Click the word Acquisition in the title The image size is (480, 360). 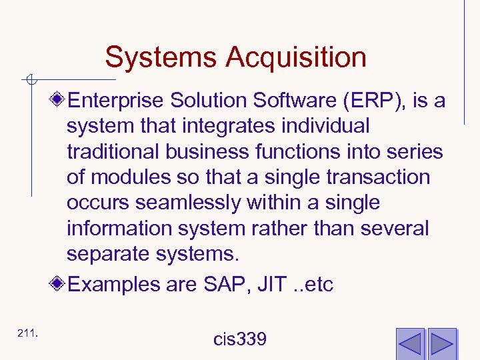[x=296, y=57]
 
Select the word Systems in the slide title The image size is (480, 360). [x=161, y=57]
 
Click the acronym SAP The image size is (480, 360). [x=222, y=285]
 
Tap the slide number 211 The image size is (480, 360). [x=27, y=333]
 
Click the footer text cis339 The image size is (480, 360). [x=240, y=339]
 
